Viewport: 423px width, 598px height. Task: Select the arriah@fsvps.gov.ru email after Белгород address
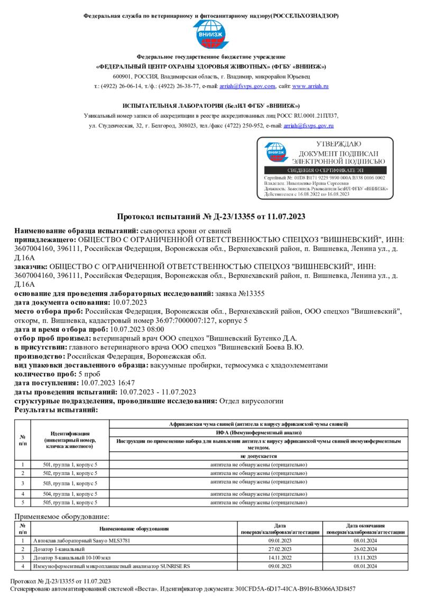(308, 126)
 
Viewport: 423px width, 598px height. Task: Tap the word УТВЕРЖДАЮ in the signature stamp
(338, 144)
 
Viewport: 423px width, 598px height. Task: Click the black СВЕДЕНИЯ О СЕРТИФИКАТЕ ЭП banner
(325, 171)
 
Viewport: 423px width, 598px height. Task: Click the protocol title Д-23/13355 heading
(211, 217)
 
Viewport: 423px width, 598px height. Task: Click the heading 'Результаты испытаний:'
(56, 410)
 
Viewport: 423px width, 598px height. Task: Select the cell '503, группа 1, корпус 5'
(70, 483)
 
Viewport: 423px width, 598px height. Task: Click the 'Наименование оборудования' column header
(133, 528)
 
